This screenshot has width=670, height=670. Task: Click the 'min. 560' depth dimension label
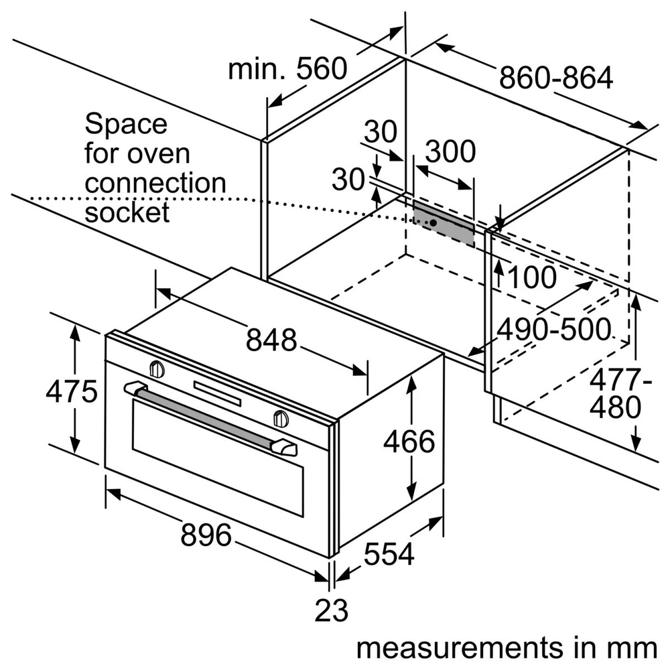coord(287,69)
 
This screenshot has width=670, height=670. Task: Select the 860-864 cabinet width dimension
coord(555,79)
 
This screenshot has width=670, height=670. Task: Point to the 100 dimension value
coord(531,277)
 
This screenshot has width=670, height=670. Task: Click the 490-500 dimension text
coord(554,329)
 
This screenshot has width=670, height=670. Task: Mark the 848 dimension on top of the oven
coord(271,341)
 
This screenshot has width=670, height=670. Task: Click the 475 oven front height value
coord(72,391)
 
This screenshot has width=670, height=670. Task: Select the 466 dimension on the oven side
coord(409,442)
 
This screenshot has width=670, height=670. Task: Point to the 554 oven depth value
coord(389,554)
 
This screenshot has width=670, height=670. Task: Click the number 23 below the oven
coord(332,611)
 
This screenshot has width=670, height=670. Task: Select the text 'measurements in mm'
coord(506,648)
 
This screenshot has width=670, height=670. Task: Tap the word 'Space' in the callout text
coord(125,124)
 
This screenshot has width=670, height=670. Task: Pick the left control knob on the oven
coord(157,368)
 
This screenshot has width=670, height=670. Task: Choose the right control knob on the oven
coord(281,418)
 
